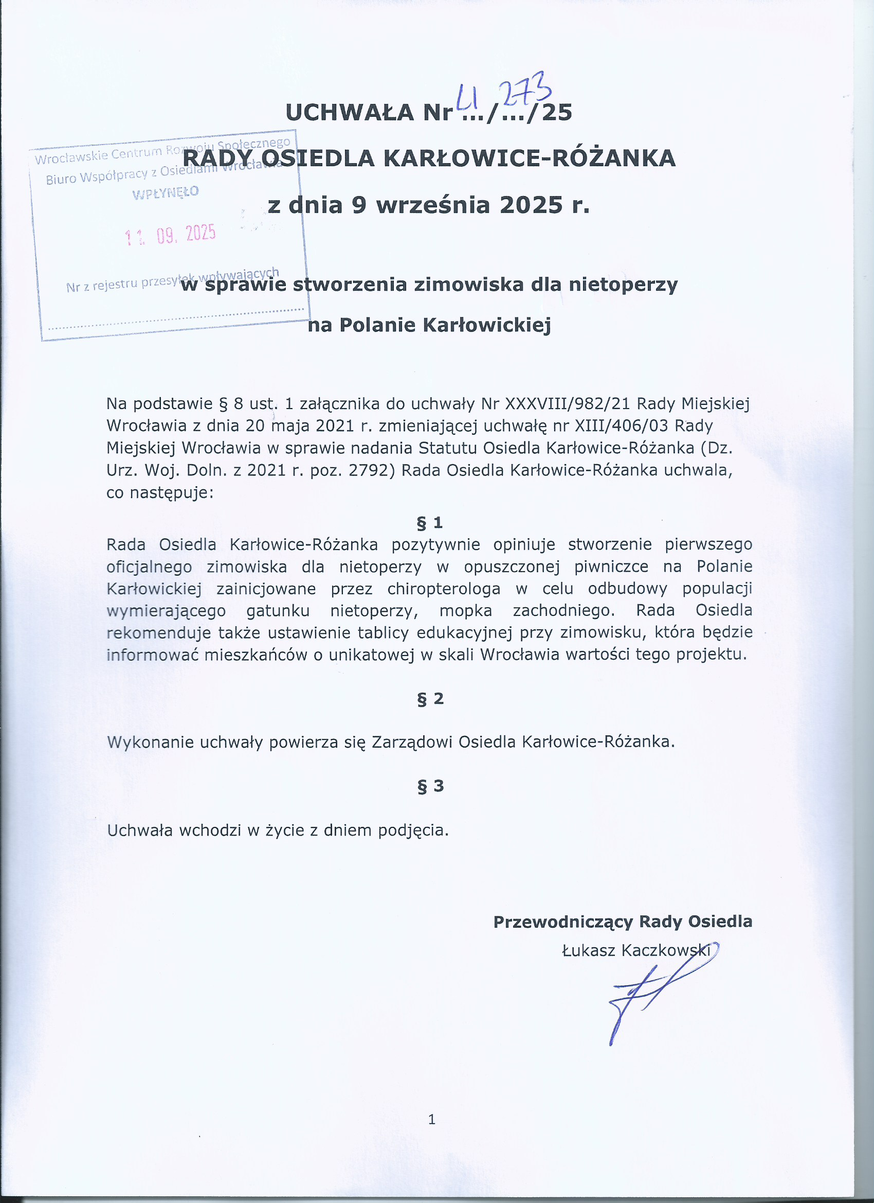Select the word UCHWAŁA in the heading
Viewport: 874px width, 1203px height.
tap(350, 113)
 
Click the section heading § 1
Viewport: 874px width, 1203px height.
tap(430, 523)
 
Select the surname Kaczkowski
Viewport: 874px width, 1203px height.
tap(666, 950)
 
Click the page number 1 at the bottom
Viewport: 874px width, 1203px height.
tap(431, 1119)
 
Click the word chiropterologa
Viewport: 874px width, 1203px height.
tap(444, 589)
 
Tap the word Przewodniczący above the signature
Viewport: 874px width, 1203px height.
tap(563, 922)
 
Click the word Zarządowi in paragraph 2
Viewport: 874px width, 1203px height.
tap(412, 741)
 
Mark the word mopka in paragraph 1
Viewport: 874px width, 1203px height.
tap(465, 611)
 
